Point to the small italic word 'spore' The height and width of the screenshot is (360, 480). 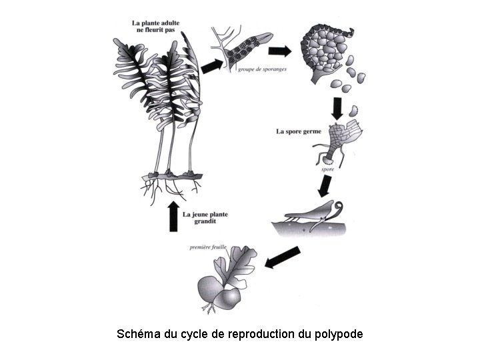pos(327,170)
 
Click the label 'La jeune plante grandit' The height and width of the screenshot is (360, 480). pos(205,217)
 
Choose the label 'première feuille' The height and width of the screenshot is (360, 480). pos(208,247)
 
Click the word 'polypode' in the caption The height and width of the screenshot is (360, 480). pos(338,333)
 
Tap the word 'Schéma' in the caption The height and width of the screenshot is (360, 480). pos(139,333)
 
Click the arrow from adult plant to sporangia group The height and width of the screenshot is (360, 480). pos(212,65)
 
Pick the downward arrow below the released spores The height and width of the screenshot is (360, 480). pos(337,107)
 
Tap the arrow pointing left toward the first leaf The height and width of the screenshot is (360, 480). pos(283,257)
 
